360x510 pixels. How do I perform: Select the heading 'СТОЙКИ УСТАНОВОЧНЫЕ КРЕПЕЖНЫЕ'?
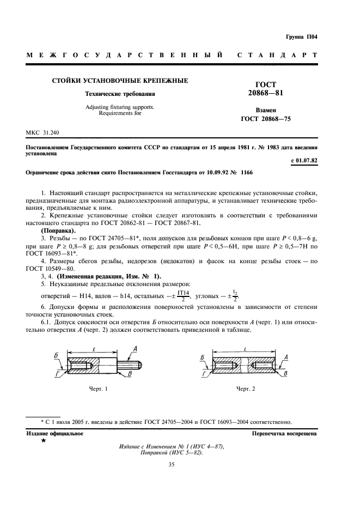pyautogui.click(x=120, y=81)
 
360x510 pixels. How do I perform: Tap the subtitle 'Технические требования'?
pyautogui.click(x=120, y=94)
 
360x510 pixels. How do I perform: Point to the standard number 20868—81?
pyautogui.click(x=266, y=93)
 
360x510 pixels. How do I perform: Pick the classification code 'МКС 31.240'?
pyautogui.click(x=43, y=133)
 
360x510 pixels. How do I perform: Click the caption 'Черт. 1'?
pyautogui.click(x=98, y=388)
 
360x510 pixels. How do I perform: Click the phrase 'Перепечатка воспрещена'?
pyautogui.click(x=284, y=433)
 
